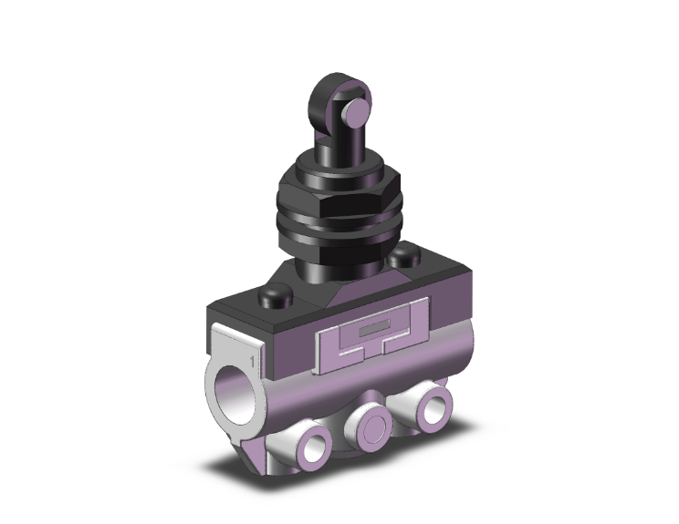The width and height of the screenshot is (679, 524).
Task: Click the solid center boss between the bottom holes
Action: click(371, 421)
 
